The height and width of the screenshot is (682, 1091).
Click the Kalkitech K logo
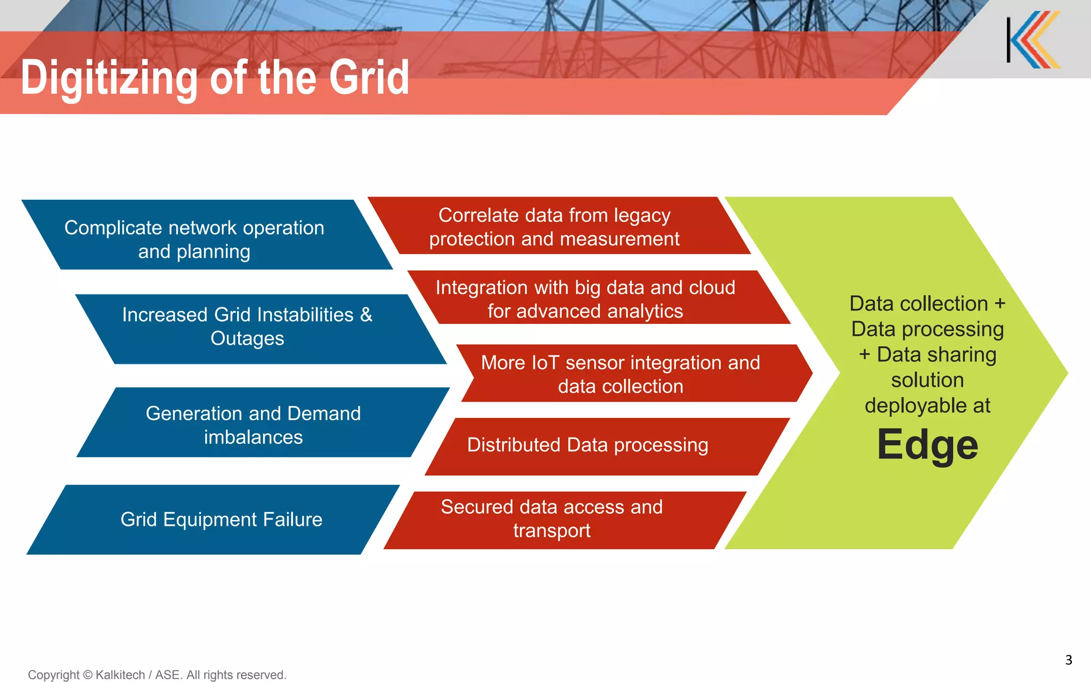point(1033,40)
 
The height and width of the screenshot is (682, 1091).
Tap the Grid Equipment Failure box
point(213,519)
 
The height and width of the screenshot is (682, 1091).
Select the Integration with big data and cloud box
point(597,298)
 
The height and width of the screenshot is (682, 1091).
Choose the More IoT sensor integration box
point(634,374)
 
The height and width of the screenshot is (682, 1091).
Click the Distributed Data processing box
point(602,446)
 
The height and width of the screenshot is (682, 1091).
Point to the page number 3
point(1068,660)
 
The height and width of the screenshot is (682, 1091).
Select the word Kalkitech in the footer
point(120,675)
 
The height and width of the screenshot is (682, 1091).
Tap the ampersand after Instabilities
point(366,315)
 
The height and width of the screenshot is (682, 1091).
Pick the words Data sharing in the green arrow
point(936,354)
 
